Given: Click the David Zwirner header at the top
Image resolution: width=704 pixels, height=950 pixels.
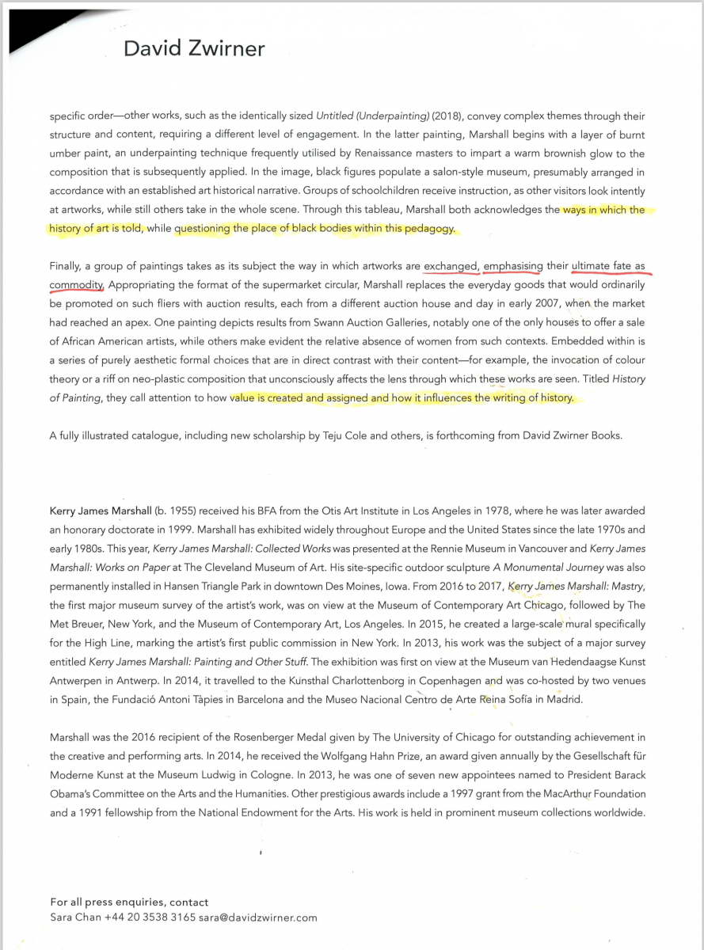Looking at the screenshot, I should [193, 49].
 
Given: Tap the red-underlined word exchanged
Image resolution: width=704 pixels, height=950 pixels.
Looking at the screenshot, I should [451, 267].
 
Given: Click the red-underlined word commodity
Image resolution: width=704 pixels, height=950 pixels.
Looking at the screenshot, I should [77, 285].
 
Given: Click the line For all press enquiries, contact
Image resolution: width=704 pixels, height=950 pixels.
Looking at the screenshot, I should [129, 902].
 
